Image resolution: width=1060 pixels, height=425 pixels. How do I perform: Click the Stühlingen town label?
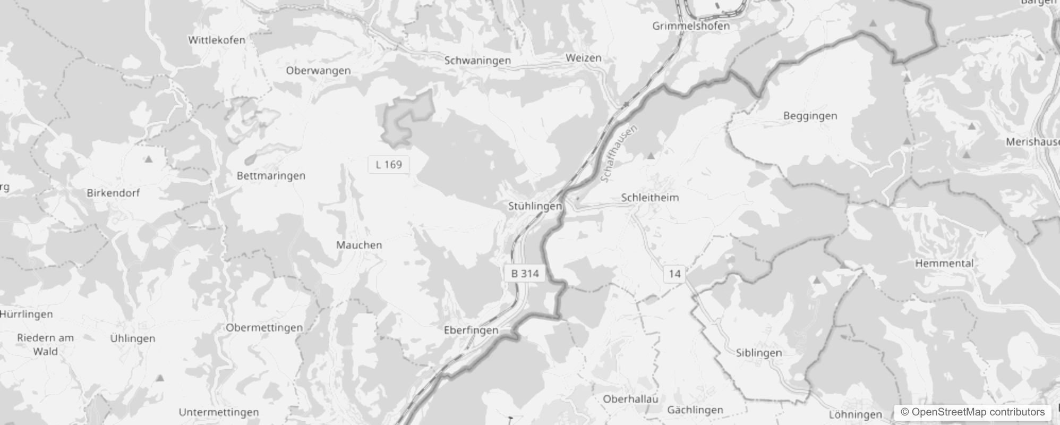click(x=534, y=206)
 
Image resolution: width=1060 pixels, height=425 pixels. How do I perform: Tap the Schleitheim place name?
click(x=650, y=198)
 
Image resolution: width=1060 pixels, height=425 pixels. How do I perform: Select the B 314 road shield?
click(x=525, y=274)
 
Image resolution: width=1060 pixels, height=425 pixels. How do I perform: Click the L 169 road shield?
click(x=389, y=165)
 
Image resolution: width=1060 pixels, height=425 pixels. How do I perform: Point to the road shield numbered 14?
click(x=674, y=274)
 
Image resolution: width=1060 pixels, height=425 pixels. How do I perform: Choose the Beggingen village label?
click(x=810, y=116)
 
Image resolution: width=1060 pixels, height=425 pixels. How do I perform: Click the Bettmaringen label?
click(x=271, y=176)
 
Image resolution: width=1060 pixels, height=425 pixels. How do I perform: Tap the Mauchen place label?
click(x=359, y=245)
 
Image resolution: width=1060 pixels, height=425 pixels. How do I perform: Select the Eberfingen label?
click(x=471, y=330)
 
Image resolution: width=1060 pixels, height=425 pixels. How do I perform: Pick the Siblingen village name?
click(x=759, y=353)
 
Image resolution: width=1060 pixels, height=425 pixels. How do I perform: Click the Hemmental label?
click(x=944, y=263)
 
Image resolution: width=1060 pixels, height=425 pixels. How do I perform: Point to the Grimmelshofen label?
click(x=691, y=25)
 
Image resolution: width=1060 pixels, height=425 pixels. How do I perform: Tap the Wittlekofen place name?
click(x=217, y=40)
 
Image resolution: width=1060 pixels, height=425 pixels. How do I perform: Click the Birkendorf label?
click(x=113, y=193)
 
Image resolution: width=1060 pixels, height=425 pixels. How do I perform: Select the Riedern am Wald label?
click(x=46, y=344)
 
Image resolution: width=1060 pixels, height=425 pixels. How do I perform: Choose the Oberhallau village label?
click(x=630, y=399)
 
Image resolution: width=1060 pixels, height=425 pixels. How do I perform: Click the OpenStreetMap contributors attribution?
click(x=972, y=412)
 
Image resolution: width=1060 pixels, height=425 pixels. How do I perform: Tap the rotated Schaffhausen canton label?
click(x=619, y=154)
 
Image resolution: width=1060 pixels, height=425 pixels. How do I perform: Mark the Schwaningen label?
click(x=477, y=61)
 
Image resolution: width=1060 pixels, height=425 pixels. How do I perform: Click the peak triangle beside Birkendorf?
click(x=149, y=159)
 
